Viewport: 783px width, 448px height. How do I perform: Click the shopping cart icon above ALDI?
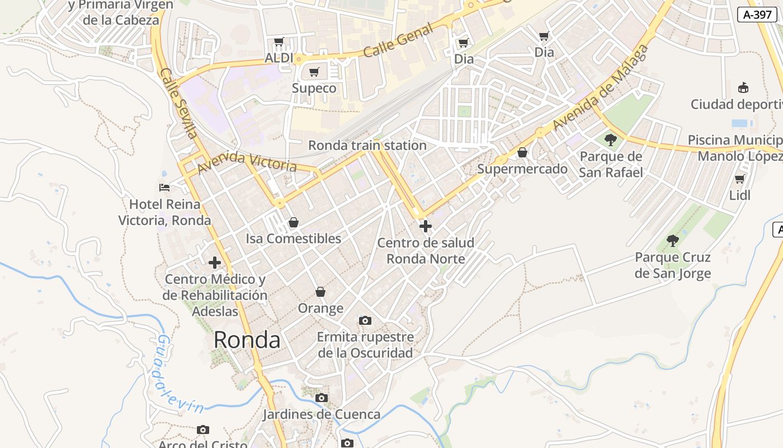tap(279, 42)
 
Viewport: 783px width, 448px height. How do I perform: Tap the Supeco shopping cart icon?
tap(314, 72)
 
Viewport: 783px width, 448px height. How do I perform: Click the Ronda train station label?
tap(367, 146)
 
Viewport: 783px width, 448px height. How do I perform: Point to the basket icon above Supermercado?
tap(522, 152)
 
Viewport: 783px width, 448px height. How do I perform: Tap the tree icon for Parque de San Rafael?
tap(611, 139)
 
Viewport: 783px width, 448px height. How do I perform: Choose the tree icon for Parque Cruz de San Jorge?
tap(673, 241)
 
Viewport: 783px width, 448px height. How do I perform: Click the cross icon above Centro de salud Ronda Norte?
tap(426, 226)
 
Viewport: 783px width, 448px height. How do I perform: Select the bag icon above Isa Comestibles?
tap(293, 222)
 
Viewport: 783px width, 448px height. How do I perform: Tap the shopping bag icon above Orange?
tap(320, 292)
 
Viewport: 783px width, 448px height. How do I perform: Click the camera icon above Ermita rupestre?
tap(365, 320)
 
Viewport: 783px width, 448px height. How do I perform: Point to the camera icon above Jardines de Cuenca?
tap(322, 398)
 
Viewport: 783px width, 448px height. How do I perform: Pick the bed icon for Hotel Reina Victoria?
tap(164, 187)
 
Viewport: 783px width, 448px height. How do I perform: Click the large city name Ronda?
tap(247, 340)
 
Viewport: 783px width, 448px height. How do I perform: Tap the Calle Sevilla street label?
tap(178, 103)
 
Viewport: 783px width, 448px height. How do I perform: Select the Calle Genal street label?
tap(398, 41)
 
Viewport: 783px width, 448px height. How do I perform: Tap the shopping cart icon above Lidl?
tap(739, 179)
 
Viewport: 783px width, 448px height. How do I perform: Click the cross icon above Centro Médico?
tap(215, 263)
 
